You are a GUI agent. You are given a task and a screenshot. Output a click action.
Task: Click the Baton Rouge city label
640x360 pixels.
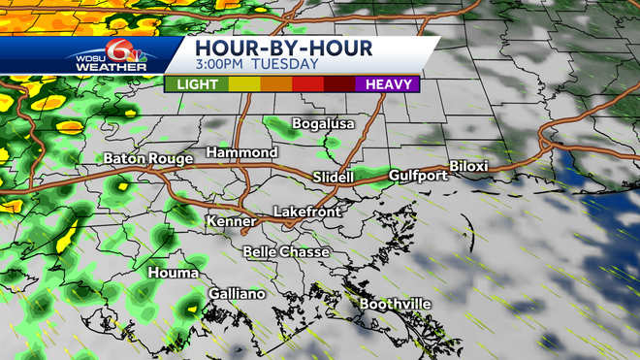coord(144,159)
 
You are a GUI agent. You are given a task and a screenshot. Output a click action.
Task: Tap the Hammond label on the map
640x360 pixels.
coord(242,153)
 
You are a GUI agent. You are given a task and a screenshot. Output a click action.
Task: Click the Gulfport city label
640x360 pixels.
coord(418,176)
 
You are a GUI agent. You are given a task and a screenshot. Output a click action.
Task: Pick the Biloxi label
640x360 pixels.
coord(468,167)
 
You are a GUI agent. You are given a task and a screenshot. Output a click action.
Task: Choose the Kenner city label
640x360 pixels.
coord(231,222)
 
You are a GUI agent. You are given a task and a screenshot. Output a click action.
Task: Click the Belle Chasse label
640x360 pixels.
coord(286,252)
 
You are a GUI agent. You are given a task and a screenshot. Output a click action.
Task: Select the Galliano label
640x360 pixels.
coord(238,294)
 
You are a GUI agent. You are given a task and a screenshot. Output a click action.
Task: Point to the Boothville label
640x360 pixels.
coord(396,305)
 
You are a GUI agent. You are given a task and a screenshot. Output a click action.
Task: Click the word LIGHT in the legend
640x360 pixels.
coord(198,84)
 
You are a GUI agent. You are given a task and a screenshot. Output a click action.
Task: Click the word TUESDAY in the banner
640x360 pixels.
coord(285,64)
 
